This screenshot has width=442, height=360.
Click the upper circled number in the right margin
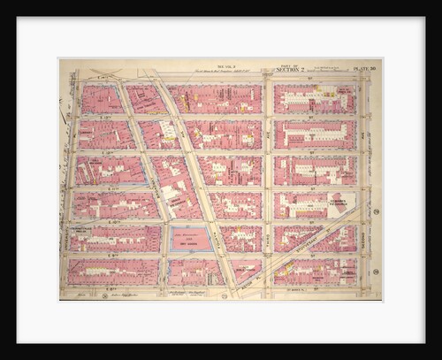pyautogui.click(x=376, y=211)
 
